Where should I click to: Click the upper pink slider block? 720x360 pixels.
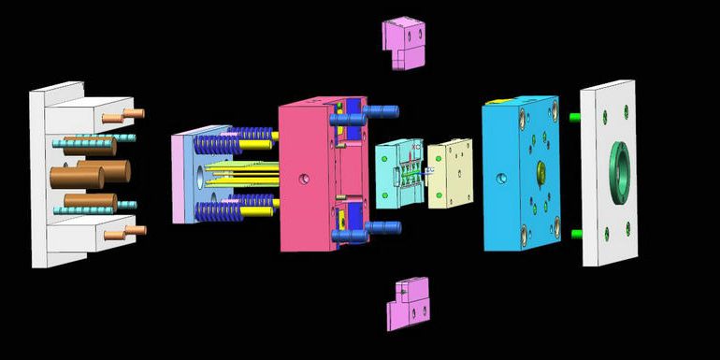(403, 44)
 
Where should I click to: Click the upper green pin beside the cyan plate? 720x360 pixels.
(576, 117)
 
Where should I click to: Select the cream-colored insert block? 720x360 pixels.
(452, 172)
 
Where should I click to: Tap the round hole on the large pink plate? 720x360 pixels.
(301, 178)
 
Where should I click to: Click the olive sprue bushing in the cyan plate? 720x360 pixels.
(540, 172)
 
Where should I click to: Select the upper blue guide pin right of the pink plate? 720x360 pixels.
(379, 111)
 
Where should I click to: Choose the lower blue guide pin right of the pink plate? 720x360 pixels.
(381, 227)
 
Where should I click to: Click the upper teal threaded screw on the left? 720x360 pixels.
(94, 140)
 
